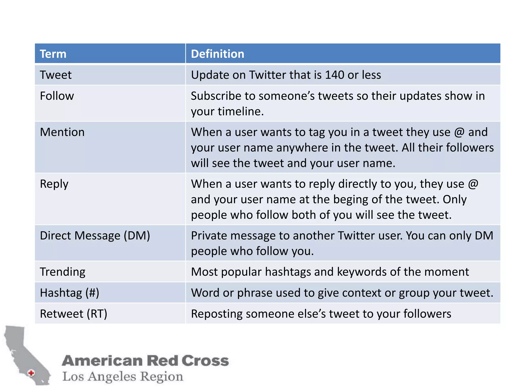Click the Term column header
53,54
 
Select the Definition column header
218,54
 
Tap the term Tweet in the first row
56,75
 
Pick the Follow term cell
57,96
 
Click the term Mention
62,132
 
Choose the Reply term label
54,184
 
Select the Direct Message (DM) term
95,236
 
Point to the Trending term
63,272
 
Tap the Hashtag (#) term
70,293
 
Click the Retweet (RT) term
74,314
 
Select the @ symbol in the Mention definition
459,132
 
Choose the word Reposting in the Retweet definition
217,314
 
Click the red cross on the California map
31,373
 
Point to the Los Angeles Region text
123,376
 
